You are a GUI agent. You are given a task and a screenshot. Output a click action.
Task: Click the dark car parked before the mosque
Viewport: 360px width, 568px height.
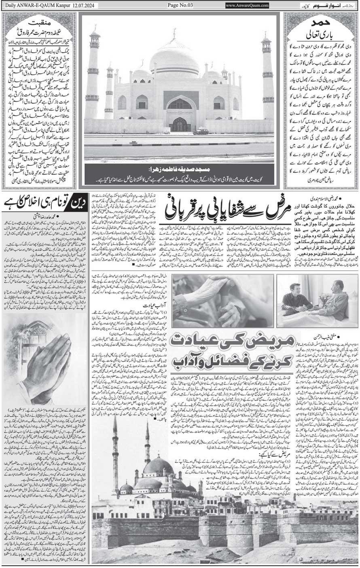pos(201,131)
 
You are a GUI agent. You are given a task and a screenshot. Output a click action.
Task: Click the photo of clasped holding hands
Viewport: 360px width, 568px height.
pos(222,301)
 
